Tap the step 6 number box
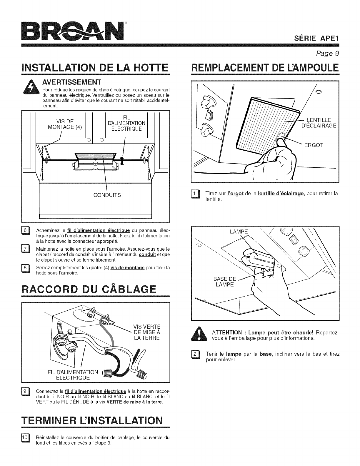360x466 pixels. pos(26,230)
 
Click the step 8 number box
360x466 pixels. pos(26,268)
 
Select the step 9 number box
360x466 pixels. pos(26,392)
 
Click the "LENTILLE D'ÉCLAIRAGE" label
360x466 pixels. pos(318,123)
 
